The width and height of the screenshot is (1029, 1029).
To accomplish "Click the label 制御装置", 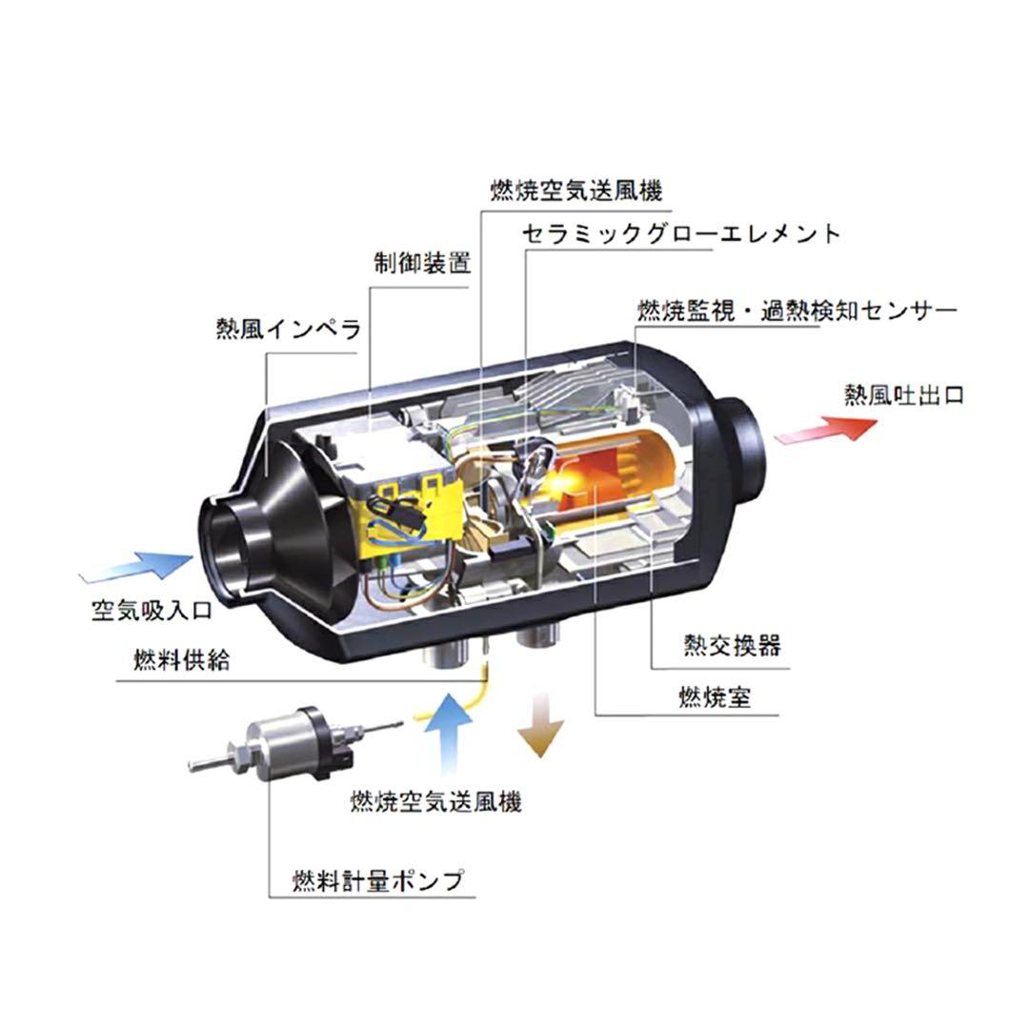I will coord(421,264).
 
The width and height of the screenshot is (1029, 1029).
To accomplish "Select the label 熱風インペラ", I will coord(289,331).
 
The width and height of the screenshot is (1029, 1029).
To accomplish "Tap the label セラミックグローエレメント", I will coord(681,233).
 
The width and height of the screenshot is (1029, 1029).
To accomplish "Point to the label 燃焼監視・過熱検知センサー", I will coord(797,312).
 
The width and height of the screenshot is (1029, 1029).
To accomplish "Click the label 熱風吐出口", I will coord(903,394).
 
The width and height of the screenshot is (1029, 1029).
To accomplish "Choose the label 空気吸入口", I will coord(151,609).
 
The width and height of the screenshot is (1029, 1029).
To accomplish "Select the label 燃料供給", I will coord(181,659).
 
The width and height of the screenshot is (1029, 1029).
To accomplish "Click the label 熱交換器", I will coord(732,645).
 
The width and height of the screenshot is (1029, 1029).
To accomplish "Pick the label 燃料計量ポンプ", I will coord(378,879).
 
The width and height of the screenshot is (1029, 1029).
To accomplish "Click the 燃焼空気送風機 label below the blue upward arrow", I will coord(436,801).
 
